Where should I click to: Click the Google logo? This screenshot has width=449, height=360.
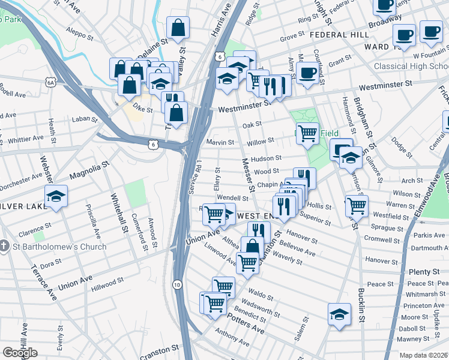(x=20, y=353)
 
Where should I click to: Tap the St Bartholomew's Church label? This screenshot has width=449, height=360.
(x=58, y=247)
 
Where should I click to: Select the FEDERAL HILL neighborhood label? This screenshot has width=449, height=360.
(x=339, y=35)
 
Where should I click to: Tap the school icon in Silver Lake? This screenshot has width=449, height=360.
(x=56, y=196)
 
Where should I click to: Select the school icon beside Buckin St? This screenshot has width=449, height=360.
(x=339, y=313)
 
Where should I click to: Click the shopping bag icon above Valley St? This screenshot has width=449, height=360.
(x=178, y=28)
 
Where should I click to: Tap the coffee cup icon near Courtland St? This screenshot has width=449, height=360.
(x=308, y=73)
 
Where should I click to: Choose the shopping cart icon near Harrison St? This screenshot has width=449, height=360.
(x=357, y=205)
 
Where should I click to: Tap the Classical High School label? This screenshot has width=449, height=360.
(x=411, y=66)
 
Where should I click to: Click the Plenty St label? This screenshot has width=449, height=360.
(x=424, y=272)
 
